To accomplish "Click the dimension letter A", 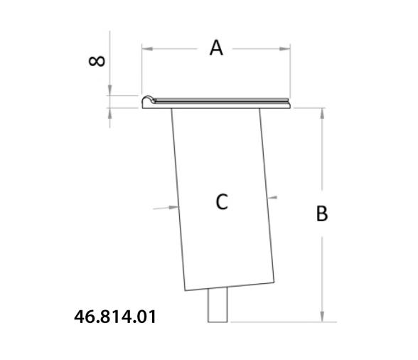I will click(x=216, y=48).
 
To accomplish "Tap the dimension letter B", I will click(x=322, y=213).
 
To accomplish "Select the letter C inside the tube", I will click(x=222, y=202).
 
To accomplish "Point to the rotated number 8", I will click(x=97, y=60).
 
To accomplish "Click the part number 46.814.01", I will click(x=114, y=316).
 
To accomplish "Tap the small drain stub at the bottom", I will click(x=218, y=305).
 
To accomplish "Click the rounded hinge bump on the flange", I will click(x=147, y=100).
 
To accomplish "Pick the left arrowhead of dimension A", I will click(x=146, y=48).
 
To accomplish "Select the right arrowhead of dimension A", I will click(x=286, y=48).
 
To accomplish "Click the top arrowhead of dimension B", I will click(x=323, y=112).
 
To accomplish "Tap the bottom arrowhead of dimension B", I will click(x=323, y=317).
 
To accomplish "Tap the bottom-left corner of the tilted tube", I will click(x=186, y=290).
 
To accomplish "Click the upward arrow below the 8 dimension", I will click(x=110, y=112).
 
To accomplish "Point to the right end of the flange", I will click(x=289, y=103).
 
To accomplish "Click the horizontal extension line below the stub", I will click(x=284, y=322).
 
